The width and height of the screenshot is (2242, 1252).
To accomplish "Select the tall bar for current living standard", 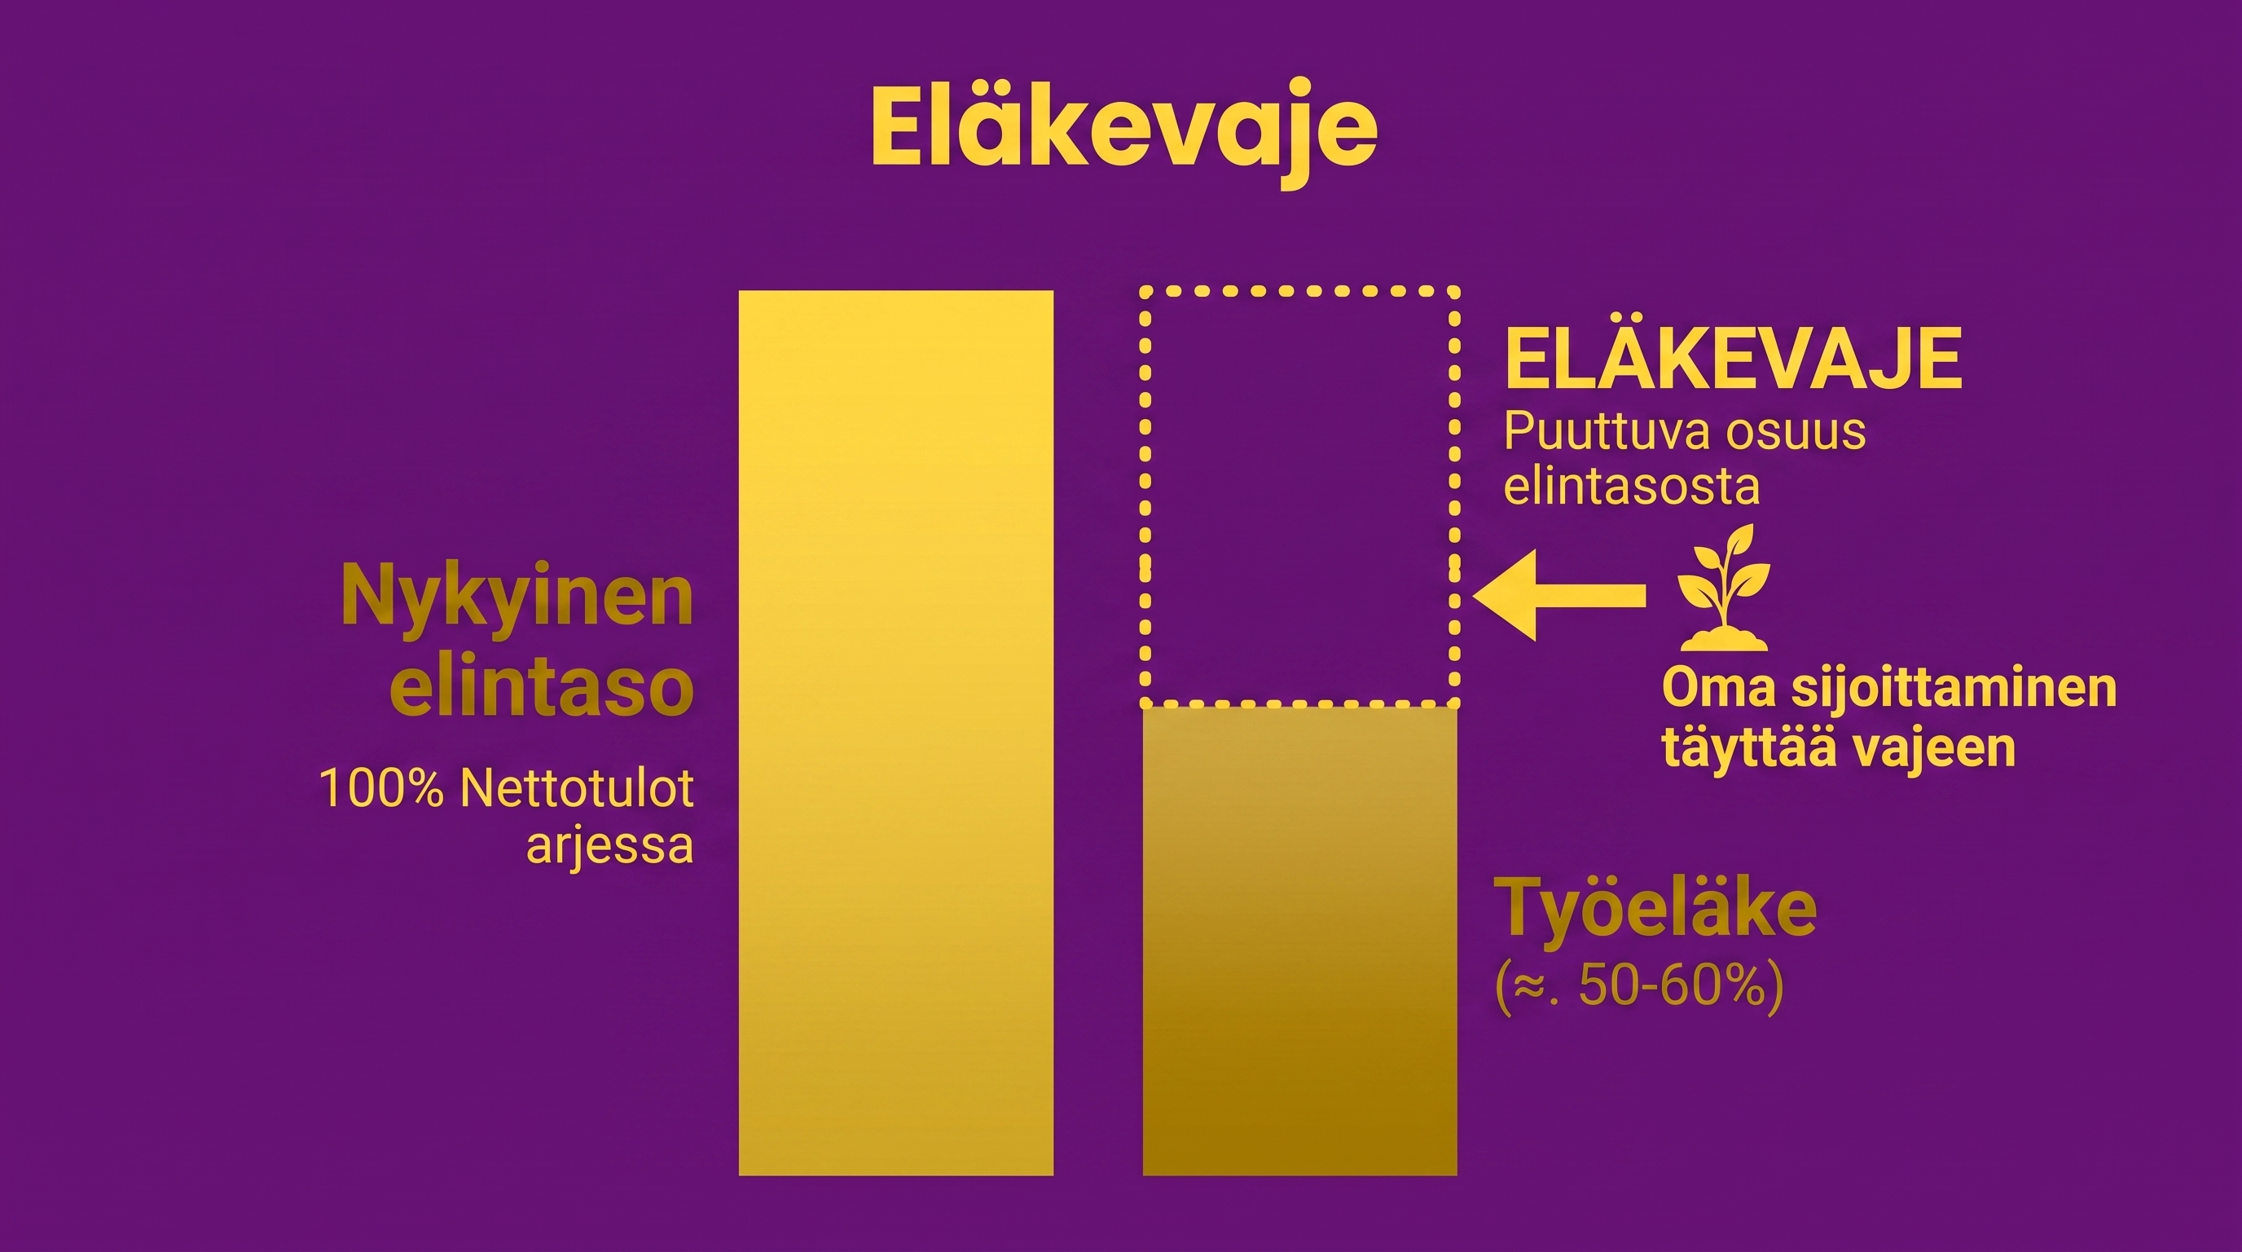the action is tap(895, 733).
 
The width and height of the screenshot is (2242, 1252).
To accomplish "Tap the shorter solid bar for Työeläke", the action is tap(1299, 941).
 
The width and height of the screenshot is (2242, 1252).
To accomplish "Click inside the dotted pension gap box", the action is tap(1299, 496).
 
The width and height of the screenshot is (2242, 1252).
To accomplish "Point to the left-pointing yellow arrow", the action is tap(1558, 596).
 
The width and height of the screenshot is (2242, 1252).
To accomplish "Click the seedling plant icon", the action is tap(1723, 588).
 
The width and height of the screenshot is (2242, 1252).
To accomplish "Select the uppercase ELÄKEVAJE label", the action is tap(1733, 360).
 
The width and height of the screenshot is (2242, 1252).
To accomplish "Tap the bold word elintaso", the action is tap(541, 688).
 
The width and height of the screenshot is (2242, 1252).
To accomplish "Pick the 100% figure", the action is tap(382, 789).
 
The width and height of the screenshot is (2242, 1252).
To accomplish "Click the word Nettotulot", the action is tap(577, 789).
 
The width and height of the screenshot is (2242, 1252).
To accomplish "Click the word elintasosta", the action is tap(1632, 486).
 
